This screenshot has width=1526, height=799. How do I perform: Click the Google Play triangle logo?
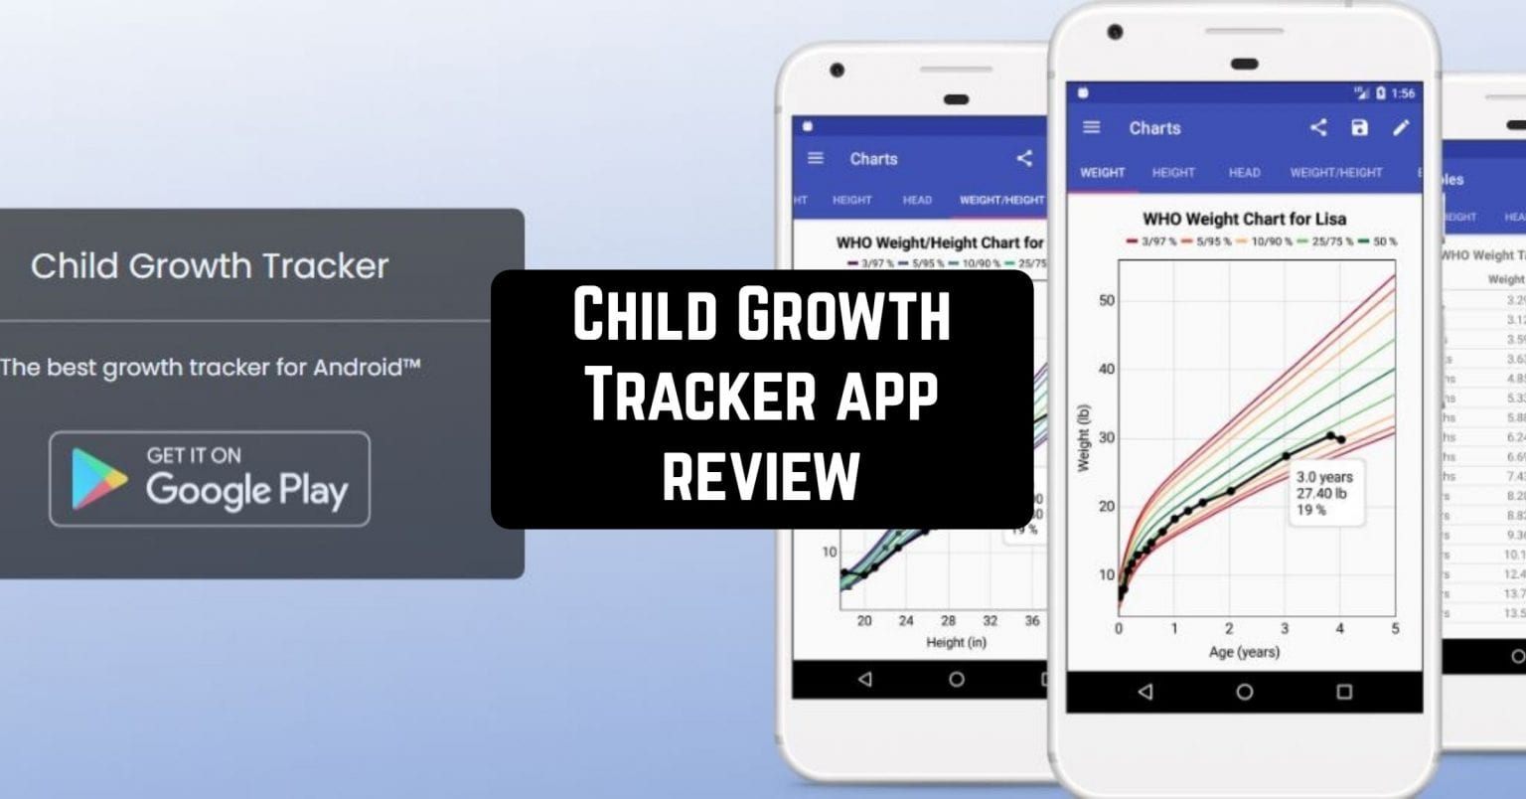click(x=98, y=478)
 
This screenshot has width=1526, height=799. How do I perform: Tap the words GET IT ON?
click(x=194, y=455)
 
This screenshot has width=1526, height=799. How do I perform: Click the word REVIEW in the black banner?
click(x=761, y=476)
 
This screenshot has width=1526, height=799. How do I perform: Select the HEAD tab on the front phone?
click(x=1244, y=172)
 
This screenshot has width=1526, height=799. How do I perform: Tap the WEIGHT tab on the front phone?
click(x=1102, y=172)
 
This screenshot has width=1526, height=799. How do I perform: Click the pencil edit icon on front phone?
click(x=1401, y=127)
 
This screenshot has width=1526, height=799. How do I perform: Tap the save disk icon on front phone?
click(x=1359, y=127)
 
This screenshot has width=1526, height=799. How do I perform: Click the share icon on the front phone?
click(x=1317, y=127)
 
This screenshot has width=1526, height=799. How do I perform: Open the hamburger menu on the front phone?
click(x=1092, y=127)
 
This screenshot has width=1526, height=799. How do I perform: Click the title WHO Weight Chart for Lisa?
click(x=1244, y=219)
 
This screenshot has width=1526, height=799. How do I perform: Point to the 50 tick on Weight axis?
click(x=1106, y=301)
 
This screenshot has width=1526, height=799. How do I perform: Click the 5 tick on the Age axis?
click(x=1395, y=628)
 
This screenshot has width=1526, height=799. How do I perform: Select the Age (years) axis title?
click(x=1244, y=652)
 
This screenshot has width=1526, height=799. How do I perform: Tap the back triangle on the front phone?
click(x=1145, y=692)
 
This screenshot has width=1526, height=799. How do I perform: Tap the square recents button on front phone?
click(x=1344, y=692)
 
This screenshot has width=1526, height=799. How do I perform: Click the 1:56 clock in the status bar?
click(x=1403, y=93)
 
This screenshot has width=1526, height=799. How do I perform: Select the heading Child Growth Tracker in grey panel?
click(x=210, y=266)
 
